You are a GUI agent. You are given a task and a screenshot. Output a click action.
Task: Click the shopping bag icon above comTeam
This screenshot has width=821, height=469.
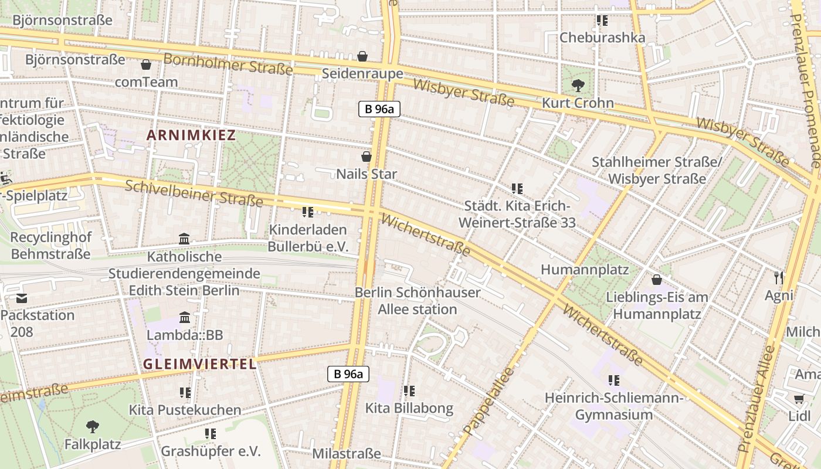click(146, 64)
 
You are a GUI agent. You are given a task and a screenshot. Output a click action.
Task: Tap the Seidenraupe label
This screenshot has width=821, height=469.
click(362, 73)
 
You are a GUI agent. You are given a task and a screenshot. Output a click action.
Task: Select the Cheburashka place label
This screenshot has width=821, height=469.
click(602, 38)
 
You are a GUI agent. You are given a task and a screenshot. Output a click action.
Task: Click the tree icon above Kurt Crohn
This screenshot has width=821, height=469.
click(578, 86)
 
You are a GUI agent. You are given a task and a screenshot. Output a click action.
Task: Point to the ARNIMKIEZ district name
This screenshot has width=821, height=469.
click(191, 135)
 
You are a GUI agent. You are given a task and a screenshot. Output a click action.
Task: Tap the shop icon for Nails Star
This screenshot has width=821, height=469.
click(367, 157)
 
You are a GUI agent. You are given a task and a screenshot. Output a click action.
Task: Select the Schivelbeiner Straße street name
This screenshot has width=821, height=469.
click(194, 193)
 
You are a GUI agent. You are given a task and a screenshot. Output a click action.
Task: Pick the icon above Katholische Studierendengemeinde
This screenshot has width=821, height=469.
click(184, 239)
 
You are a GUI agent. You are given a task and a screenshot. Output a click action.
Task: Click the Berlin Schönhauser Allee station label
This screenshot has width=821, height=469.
click(418, 301)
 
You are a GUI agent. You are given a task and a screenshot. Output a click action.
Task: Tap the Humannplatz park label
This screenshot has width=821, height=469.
click(584, 270)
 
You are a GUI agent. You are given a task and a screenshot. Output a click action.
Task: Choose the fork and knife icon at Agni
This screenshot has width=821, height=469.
click(779, 278)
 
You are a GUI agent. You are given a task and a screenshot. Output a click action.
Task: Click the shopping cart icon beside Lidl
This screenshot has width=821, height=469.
click(799, 399)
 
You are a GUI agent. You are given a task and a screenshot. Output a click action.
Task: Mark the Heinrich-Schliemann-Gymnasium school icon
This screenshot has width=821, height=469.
click(614, 380)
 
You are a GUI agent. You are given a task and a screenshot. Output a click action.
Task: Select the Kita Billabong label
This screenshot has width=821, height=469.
click(409, 408)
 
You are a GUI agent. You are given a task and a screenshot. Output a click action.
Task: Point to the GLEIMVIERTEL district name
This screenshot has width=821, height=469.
click(200, 364)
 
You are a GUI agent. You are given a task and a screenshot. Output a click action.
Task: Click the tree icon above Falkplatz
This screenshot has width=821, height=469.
click(92, 426)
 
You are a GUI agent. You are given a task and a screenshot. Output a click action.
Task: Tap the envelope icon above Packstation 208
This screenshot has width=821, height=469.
click(22, 298)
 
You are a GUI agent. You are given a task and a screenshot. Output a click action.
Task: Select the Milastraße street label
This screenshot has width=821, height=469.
click(346, 454)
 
